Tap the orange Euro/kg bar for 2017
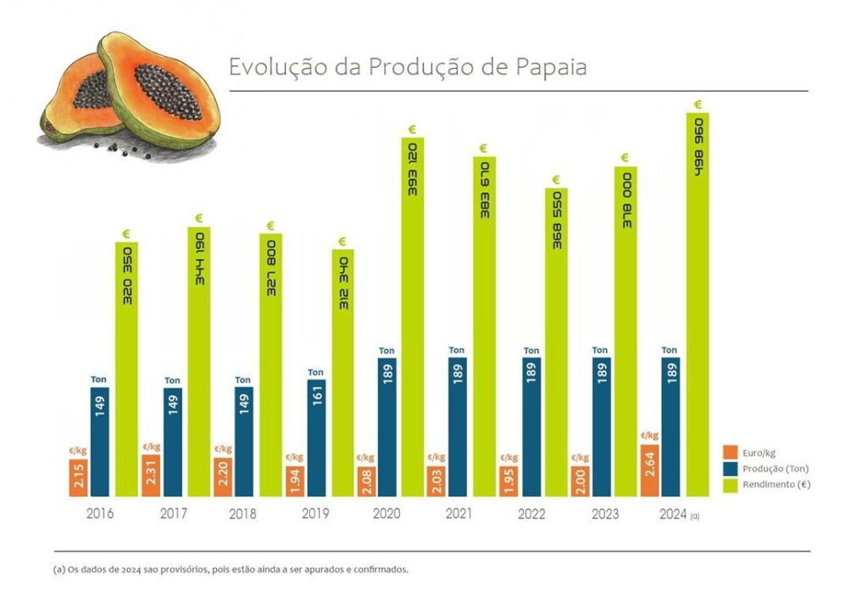tap(151, 475)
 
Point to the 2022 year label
tap(531, 514)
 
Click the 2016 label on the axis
tap(100, 514)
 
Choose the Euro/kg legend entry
tap(756, 451)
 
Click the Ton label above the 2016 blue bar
tap(99, 380)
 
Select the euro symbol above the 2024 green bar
tap(698, 104)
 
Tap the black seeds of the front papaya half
tap(167, 92)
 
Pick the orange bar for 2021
tap(437, 481)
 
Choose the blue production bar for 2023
tap(600, 427)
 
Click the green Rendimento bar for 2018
tap(270, 365)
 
